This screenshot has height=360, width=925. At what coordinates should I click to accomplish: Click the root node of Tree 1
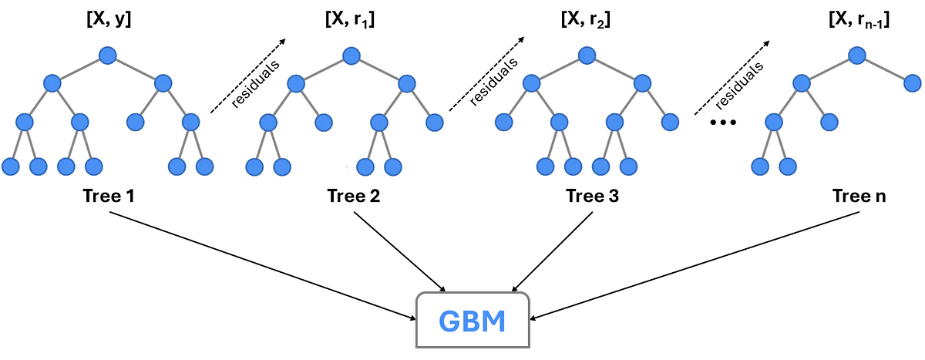tap(107, 56)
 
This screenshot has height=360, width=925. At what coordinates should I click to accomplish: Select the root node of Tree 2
tap(351, 56)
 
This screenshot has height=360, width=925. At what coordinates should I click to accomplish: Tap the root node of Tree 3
tap(587, 56)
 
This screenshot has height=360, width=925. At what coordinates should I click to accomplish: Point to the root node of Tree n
tap(857, 56)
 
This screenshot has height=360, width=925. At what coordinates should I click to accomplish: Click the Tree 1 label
tap(109, 197)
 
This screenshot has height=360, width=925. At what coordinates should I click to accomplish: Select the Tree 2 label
tap(354, 197)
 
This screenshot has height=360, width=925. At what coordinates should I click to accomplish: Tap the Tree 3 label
tap(592, 197)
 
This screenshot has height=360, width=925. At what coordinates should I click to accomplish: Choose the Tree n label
tap(859, 197)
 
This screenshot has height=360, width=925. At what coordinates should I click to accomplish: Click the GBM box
tap(473, 320)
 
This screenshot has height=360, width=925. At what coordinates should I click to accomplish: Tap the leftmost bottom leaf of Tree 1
tap(11, 166)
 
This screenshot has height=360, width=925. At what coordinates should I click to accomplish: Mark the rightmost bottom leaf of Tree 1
tap(204, 166)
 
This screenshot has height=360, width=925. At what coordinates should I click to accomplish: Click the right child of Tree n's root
tap(913, 83)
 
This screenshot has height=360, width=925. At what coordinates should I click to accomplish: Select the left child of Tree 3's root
tap(531, 83)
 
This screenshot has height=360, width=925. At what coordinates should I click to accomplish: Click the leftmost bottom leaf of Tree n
tap(760, 166)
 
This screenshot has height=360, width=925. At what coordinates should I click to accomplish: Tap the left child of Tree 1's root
tap(52, 83)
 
